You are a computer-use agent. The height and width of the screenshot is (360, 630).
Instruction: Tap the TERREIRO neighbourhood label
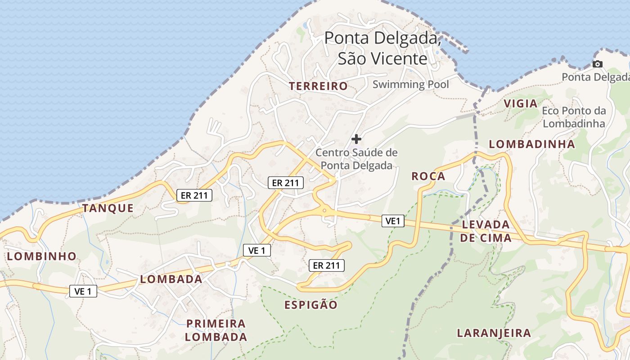[x=319, y=86]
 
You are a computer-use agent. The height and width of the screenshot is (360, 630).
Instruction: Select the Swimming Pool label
[x=411, y=84]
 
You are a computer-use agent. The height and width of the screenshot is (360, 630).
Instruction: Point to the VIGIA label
[x=521, y=103]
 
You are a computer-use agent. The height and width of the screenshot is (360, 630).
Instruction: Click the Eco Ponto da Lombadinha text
[x=574, y=117]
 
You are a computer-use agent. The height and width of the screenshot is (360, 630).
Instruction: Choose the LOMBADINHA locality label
[x=532, y=144]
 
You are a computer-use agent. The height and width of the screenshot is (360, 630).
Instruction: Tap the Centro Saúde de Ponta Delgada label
[x=356, y=159]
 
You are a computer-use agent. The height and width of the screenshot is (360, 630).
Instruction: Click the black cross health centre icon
[x=356, y=139]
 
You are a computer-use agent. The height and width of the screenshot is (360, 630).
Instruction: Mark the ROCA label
[x=428, y=176]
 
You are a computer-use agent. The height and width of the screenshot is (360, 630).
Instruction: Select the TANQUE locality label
[x=108, y=208]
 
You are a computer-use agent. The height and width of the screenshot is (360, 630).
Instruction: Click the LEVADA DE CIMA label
[x=486, y=231]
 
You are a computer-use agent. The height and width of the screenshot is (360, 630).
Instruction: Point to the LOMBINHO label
[x=42, y=256]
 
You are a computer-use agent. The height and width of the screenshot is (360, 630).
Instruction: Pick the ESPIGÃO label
[x=311, y=305]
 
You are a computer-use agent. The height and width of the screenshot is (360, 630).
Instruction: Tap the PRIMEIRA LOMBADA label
[x=216, y=330]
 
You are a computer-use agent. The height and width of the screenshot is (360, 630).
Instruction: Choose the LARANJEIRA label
[x=494, y=333]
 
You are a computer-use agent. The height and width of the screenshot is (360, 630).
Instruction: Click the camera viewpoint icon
[x=597, y=64]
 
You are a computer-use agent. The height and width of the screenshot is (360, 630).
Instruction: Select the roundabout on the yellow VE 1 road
[x=324, y=210]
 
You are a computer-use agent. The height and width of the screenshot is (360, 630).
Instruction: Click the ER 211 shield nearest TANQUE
[x=194, y=195]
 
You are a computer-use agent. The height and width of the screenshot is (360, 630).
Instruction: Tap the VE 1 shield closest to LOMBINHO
[x=83, y=291]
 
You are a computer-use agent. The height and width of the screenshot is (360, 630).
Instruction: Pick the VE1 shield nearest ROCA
[x=393, y=221]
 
